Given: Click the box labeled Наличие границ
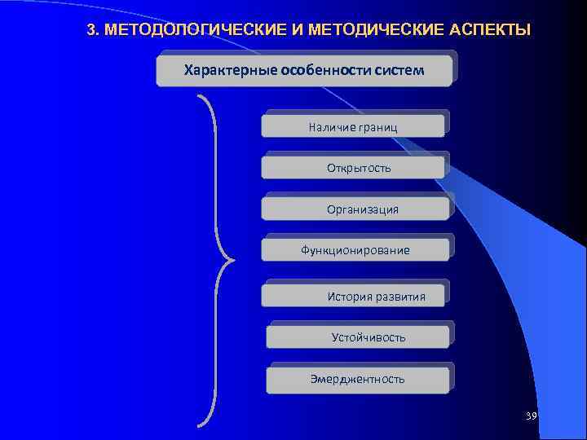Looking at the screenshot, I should pyautogui.click(x=353, y=125).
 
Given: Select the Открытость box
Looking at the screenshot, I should pyautogui.click(x=353, y=168).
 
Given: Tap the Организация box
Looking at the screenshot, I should pyautogui.click(x=355, y=209).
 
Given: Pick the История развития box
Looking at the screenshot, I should pyautogui.click(x=355, y=296).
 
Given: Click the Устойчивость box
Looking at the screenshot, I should pyautogui.click(x=359, y=337).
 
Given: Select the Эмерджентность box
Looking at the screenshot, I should pyautogui.click(x=359, y=379).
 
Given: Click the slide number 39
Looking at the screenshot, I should pyautogui.click(x=532, y=416).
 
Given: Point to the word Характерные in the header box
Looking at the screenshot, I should pyautogui.click(x=231, y=70).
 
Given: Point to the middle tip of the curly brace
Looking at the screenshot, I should pyautogui.click(x=231, y=261).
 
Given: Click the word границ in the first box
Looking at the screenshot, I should pyautogui.click(x=377, y=126).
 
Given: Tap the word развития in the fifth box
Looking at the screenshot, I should pyautogui.click(x=399, y=296).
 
